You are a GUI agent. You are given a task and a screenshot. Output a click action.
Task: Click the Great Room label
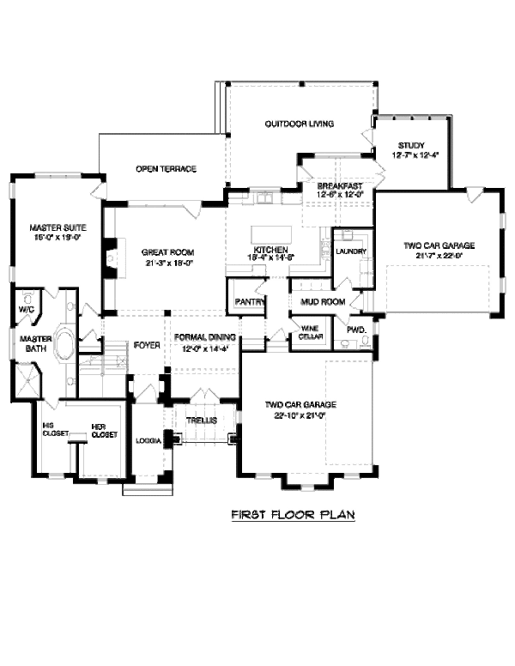[167, 252]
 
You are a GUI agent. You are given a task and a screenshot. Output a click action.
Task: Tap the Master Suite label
[58, 227]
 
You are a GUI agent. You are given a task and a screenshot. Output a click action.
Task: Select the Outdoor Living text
[299, 124]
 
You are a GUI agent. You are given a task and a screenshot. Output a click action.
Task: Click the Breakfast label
[340, 185]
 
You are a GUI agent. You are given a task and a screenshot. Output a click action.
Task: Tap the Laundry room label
[352, 251]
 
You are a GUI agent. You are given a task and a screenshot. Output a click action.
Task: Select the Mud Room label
[322, 302]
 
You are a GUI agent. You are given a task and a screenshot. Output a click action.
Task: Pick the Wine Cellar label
[309, 332]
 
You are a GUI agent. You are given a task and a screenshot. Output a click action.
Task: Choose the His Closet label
[54, 429]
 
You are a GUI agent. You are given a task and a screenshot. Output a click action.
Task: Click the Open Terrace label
[167, 168]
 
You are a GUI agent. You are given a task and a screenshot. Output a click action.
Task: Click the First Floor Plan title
[293, 516]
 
